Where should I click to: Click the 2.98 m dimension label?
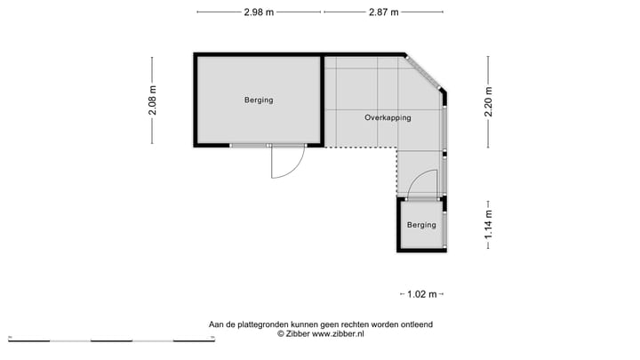click(x=259, y=12)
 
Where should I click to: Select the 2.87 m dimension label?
click(x=383, y=12)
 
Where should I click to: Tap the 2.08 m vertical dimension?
click(x=152, y=99)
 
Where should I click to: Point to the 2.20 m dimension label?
click(x=488, y=100)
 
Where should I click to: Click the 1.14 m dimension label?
click(x=488, y=225)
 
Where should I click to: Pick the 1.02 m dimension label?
click(x=420, y=293)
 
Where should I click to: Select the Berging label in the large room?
click(x=259, y=100)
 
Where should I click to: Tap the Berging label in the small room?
click(x=421, y=225)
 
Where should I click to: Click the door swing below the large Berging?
click(x=286, y=164)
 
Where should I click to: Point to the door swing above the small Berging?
click(x=422, y=184)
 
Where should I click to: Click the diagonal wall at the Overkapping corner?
click(x=425, y=72)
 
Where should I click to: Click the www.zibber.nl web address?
click(x=338, y=334)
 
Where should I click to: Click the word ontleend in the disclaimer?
click(x=415, y=324)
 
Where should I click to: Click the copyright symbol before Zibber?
click(x=281, y=334)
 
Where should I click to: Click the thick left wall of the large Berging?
click(x=196, y=100)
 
